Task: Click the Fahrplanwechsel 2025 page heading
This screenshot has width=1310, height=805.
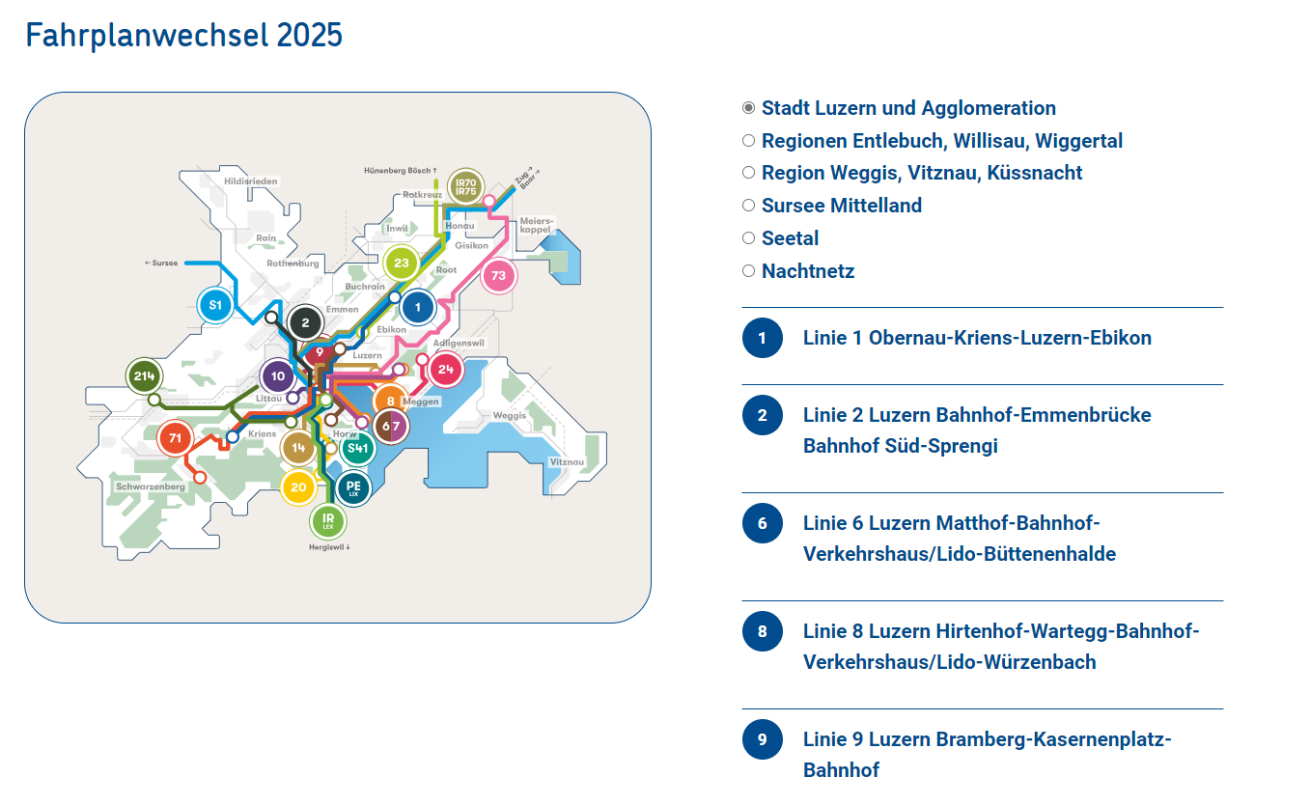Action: click(x=183, y=35)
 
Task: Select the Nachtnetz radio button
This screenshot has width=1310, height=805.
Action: click(x=748, y=271)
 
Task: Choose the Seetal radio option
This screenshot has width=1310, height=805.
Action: click(x=748, y=238)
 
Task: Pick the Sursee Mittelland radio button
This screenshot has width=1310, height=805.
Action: click(x=748, y=206)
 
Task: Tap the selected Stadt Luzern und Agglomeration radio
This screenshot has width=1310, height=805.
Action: click(x=748, y=108)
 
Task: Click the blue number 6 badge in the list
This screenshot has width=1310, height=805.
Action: click(x=763, y=523)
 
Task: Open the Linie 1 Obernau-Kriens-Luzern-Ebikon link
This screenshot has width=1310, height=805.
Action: click(x=977, y=338)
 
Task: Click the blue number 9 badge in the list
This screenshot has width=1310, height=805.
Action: click(x=763, y=739)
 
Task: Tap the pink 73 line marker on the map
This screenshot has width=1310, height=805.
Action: click(x=498, y=275)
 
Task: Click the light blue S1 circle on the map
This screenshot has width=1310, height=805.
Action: click(x=215, y=305)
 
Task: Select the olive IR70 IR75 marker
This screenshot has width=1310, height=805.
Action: click(x=466, y=187)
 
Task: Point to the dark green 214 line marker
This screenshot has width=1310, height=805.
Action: click(x=144, y=375)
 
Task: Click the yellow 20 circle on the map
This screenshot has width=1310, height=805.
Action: click(x=298, y=487)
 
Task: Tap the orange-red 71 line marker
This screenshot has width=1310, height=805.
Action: click(x=175, y=438)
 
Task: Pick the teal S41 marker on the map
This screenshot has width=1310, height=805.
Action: click(x=357, y=449)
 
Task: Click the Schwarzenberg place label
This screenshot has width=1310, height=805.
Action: click(x=151, y=486)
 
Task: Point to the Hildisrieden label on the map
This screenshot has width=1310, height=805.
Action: click(x=250, y=181)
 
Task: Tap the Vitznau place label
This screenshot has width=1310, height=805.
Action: click(x=567, y=461)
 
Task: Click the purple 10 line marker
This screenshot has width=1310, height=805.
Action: click(x=278, y=376)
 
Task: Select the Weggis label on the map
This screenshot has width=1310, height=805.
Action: click(x=510, y=416)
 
